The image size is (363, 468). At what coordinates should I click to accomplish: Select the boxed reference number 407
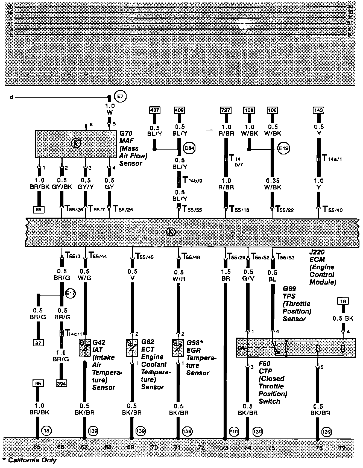coord(155,110)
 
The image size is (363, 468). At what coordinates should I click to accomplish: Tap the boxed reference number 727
coord(226,110)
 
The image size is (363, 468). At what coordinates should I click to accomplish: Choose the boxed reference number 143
coord(319,110)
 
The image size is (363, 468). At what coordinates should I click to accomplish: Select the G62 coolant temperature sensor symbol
coord(132,348)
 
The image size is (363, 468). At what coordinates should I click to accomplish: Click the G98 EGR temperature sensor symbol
coord(178,348)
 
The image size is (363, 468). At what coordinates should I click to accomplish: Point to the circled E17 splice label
coord(70,294)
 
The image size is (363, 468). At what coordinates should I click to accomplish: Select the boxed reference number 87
coord(38,343)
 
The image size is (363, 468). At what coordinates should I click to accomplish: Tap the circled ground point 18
coord(46,431)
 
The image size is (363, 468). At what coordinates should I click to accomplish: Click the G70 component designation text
coord(126,134)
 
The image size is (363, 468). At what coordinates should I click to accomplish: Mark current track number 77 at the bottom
coord(341,448)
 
